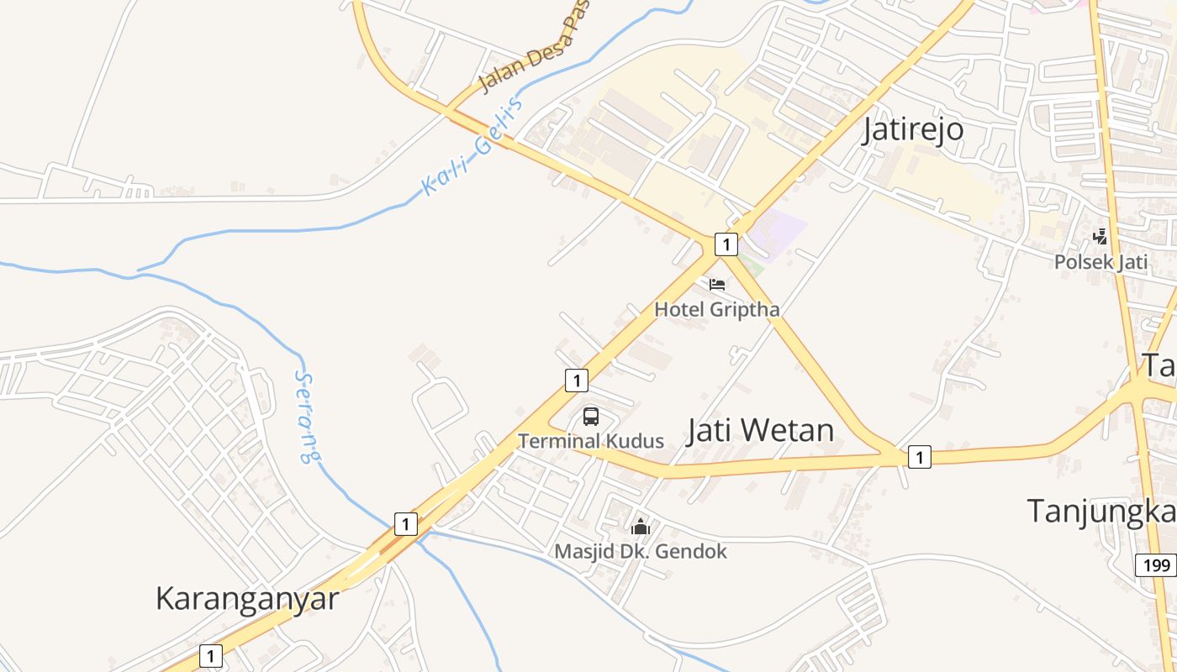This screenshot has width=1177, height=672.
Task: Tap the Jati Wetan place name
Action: pyautogui.click(x=761, y=430)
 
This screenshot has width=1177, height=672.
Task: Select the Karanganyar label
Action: pyautogui.click(x=247, y=598)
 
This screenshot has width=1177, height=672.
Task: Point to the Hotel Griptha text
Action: pyautogui.click(x=717, y=309)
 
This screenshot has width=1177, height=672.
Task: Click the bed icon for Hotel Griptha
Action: pyautogui.click(x=717, y=285)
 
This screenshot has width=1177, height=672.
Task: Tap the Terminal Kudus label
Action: pyautogui.click(x=591, y=441)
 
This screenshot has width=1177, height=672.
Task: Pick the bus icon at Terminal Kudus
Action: pyautogui.click(x=591, y=416)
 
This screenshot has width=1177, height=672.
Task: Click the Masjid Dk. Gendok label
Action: pyautogui.click(x=641, y=551)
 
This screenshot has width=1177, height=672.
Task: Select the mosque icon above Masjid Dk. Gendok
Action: pyautogui.click(x=641, y=528)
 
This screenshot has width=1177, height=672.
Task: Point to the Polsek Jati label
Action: pyautogui.click(x=1100, y=261)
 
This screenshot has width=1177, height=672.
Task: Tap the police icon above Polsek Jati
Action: pyautogui.click(x=1100, y=237)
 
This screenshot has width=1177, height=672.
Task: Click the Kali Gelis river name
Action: pyautogui.click(x=472, y=146)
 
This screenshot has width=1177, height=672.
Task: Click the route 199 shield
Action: pyautogui.click(x=1156, y=565)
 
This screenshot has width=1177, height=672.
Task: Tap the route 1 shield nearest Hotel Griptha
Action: pyautogui.click(x=726, y=244)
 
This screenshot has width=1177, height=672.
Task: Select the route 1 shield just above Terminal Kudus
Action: pyautogui.click(x=576, y=381)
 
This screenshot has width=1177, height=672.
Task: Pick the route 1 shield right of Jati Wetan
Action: pyautogui.click(x=920, y=457)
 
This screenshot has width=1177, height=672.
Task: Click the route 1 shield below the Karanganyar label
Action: pyautogui.click(x=211, y=656)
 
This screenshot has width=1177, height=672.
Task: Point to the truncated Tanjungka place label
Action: pyautogui.click(x=1101, y=511)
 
